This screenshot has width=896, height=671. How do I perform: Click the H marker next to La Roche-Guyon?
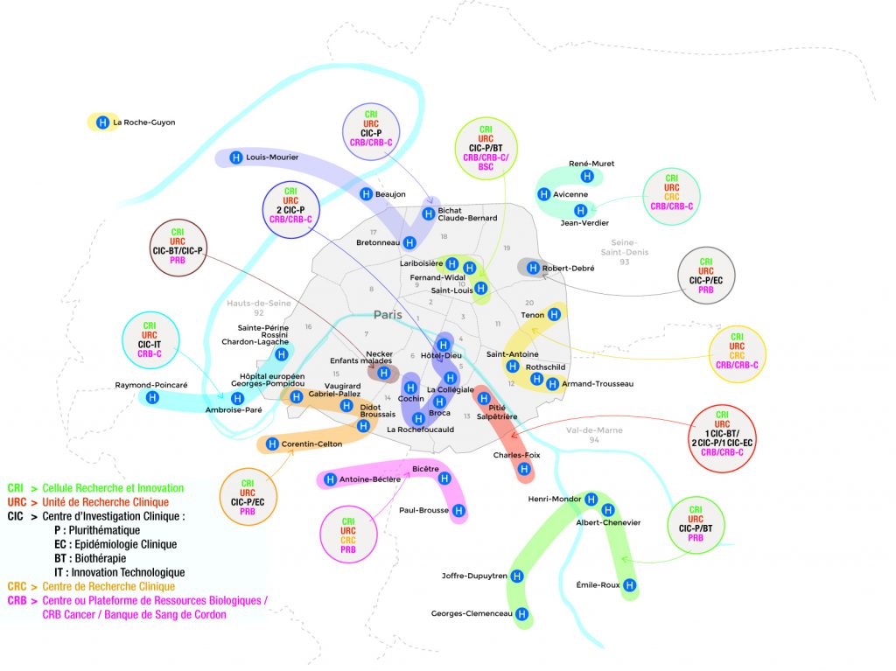point(102,122)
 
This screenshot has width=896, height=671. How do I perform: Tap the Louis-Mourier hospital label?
point(272,158)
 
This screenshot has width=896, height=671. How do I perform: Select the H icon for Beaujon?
point(366,194)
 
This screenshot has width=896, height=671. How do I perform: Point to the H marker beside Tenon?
point(555,315)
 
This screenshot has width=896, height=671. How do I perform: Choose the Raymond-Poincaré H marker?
point(152,397)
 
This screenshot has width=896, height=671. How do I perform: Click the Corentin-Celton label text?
point(312,444)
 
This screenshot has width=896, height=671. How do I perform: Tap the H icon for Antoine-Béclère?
point(331,479)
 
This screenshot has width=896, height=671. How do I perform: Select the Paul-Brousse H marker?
point(458,510)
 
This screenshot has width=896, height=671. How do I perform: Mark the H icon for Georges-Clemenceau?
point(522,613)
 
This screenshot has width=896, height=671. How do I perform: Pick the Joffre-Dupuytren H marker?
point(517,577)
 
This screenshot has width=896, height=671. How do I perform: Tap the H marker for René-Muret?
point(587,177)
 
